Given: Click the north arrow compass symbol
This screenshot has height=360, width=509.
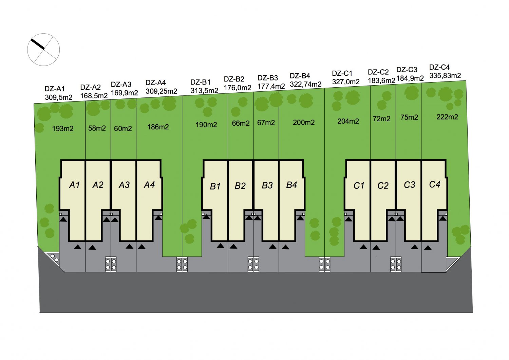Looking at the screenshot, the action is (x=43, y=50).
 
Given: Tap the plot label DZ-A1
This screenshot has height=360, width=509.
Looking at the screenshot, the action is (x=55, y=89).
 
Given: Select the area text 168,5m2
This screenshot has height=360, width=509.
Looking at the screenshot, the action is (x=94, y=96).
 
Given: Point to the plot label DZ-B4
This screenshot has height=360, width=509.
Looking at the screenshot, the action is (x=300, y=76).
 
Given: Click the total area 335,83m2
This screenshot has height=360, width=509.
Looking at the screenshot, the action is (x=445, y=75).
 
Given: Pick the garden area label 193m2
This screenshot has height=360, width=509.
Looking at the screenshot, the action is (x=63, y=129).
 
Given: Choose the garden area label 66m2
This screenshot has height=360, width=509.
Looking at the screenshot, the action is (x=241, y=123).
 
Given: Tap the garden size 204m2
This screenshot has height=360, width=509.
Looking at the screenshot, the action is (x=348, y=121).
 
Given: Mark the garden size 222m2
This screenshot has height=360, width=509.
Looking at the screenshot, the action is (x=447, y=117).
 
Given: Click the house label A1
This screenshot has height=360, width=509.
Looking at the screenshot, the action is (x=75, y=185).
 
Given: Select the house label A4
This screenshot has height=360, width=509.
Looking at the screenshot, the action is (x=149, y=185).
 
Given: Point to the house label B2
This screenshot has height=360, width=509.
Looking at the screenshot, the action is (x=240, y=186).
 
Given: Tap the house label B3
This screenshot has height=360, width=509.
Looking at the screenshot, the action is (x=267, y=185).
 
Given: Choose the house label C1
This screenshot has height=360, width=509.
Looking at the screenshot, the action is (x=359, y=186).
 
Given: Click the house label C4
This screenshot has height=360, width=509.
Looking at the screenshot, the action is (x=434, y=184).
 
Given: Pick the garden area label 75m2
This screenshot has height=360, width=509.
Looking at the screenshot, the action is (x=409, y=118).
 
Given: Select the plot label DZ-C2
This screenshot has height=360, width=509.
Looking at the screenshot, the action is (x=378, y=72).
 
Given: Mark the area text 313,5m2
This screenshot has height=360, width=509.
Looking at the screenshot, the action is (x=204, y=91).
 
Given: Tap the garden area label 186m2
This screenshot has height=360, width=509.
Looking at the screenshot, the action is (x=158, y=127).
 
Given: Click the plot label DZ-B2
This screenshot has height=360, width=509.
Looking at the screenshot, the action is (x=234, y=79).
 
